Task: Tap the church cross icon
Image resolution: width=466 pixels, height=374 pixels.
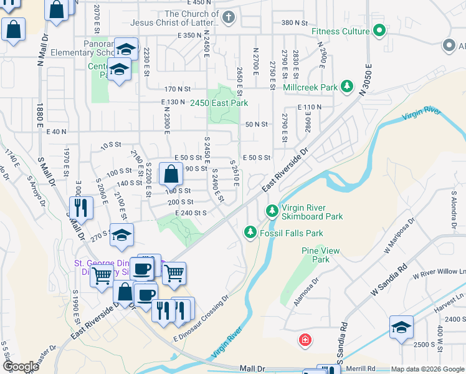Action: pos(229,17)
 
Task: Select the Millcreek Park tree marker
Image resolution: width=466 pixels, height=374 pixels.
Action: pos(346,88)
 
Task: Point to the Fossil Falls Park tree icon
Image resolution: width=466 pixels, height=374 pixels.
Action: pos(250,233)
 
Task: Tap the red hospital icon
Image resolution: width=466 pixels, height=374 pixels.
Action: pos(305,341)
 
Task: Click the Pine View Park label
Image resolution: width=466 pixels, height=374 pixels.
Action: pos(320,255)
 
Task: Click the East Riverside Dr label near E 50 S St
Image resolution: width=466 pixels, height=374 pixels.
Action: pos(285,170)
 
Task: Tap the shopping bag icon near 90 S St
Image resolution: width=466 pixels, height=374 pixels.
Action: pos(171,174)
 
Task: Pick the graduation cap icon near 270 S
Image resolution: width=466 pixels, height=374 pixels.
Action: pos(122,234)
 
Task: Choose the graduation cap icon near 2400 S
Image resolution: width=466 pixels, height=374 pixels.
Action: pos(401,327)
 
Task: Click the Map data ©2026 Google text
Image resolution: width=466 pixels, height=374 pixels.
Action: pos(427,369)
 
